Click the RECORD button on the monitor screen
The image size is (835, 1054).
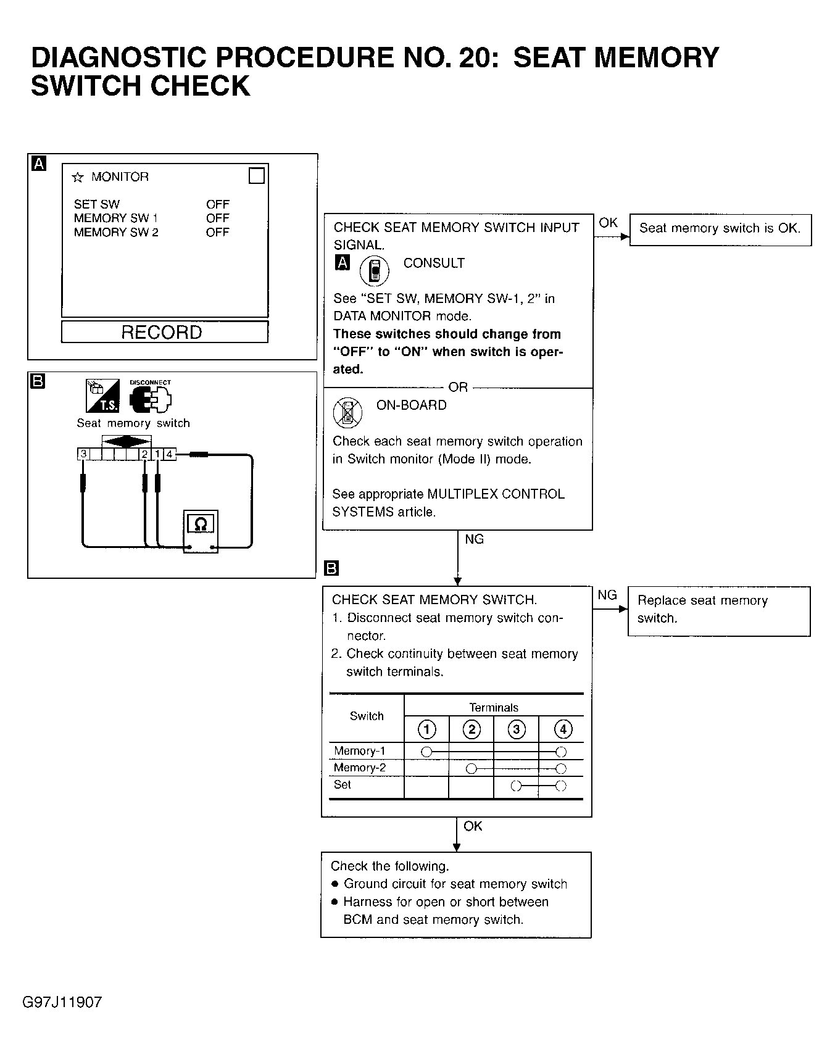click(164, 332)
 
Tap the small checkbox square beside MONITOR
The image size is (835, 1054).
click(256, 176)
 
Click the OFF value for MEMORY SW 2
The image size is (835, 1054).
click(217, 233)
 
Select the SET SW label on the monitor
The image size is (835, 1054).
click(97, 204)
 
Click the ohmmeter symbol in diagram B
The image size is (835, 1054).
click(201, 525)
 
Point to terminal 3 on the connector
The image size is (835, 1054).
click(83, 454)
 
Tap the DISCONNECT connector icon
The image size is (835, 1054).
click(150, 398)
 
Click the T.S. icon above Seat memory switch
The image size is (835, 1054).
click(102, 396)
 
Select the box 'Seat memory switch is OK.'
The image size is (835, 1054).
click(720, 229)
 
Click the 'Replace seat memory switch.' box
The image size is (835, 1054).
click(718, 610)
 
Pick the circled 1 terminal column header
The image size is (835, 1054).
click(426, 730)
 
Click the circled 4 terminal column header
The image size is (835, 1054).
click(562, 730)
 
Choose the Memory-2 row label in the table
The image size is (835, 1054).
click(360, 768)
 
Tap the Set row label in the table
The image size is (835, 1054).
click(343, 785)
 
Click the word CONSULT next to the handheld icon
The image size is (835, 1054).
click(434, 263)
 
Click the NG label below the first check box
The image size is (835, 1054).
click(474, 539)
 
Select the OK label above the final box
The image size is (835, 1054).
click(473, 826)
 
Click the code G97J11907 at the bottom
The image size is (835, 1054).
click(62, 1002)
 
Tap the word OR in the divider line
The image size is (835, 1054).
click(458, 388)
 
